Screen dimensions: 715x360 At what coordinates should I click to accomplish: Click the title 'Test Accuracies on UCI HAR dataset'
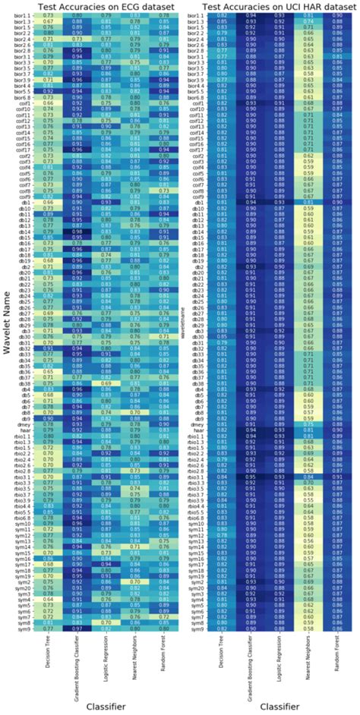(x=278, y=6)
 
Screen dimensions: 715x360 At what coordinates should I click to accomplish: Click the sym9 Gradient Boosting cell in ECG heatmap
(x=77, y=629)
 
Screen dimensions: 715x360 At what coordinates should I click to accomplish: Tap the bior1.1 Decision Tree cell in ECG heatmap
(x=49, y=15)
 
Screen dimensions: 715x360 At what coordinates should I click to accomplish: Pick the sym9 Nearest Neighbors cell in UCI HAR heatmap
(x=308, y=629)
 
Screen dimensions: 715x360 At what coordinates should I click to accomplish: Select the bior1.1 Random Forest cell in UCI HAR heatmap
(x=337, y=15)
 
